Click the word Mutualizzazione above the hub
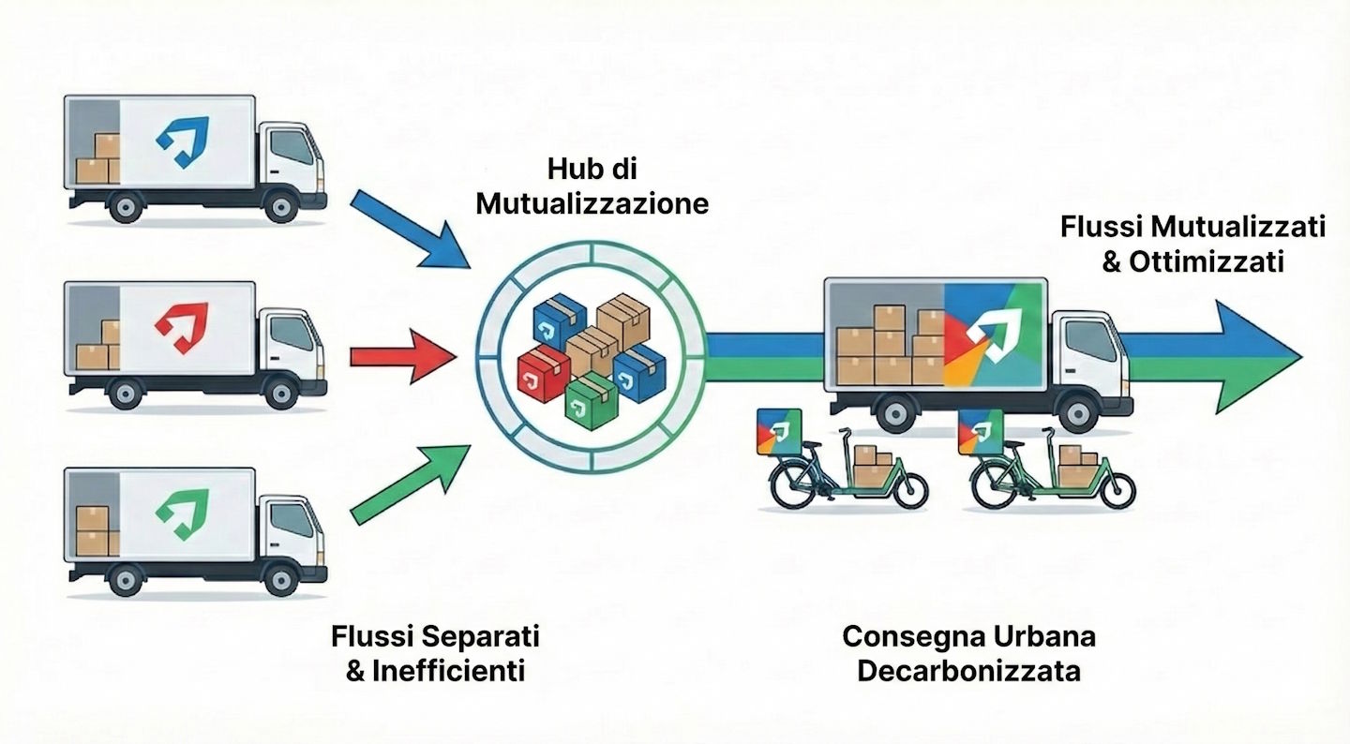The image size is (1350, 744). [x=592, y=204]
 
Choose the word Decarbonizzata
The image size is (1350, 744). [x=968, y=671]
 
